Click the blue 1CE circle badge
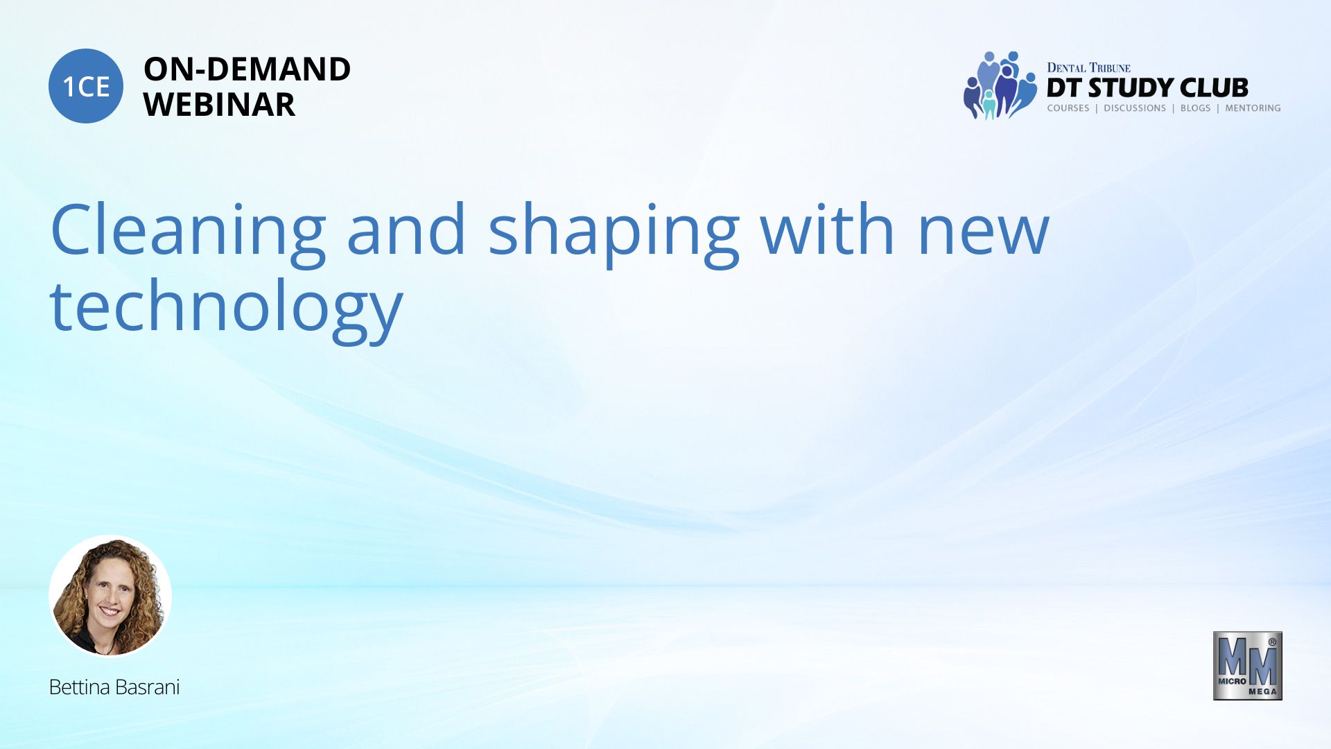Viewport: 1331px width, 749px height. click(86, 86)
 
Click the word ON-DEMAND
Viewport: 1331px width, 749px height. click(247, 69)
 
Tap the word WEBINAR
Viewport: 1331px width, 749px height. click(219, 105)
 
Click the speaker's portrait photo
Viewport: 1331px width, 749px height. click(110, 596)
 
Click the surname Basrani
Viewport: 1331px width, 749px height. click(148, 687)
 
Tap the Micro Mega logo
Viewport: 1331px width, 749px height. click(1247, 666)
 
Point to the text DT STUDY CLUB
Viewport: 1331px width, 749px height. click(1147, 88)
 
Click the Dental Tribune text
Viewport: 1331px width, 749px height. click(1088, 67)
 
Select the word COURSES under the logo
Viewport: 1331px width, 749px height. click(1068, 108)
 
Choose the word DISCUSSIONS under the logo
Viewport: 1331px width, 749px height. click(1135, 108)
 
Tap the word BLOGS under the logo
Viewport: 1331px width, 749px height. click(1195, 108)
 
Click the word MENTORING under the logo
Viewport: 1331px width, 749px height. click(1253, 108)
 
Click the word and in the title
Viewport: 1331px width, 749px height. click(406, 228)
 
